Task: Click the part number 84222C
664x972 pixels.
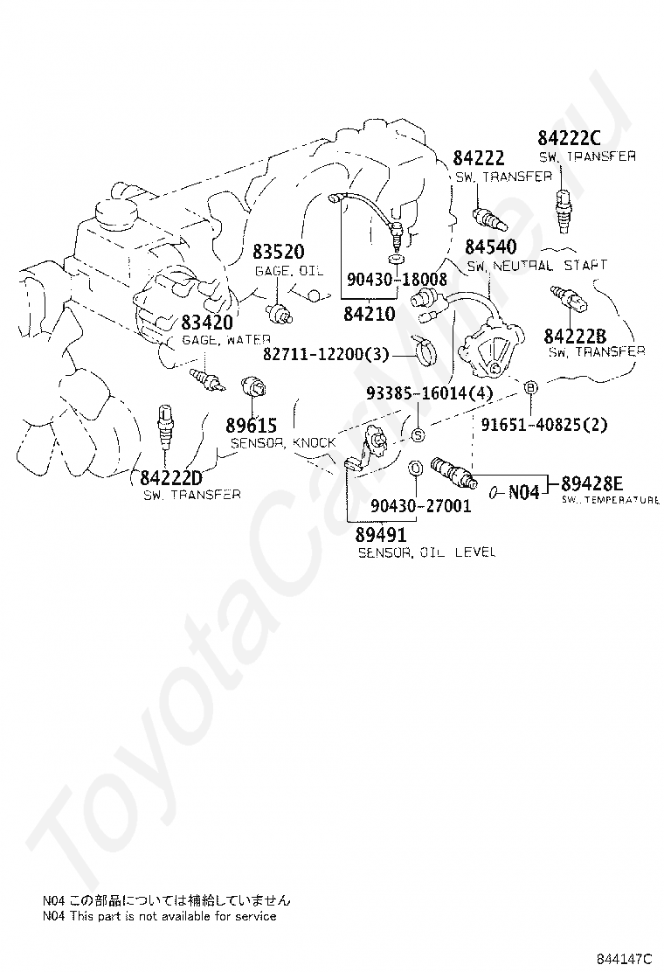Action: coord(570,137)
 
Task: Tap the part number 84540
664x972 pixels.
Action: coord(490,246)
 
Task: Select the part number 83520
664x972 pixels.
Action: coord(279,252)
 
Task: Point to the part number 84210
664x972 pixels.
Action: coord(370,314)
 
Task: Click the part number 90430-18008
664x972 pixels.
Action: coord(397,280)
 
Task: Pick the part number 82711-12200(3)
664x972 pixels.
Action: coord(326,354)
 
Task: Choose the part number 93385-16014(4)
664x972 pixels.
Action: coord(429,393)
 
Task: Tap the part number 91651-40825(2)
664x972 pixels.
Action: coord(544,425)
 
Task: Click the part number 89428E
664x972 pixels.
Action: coord(592,483)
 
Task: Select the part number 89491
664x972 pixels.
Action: coord(381,534)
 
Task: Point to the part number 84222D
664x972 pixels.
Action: coord(171,478)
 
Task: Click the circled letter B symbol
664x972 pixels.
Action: coord(530,387)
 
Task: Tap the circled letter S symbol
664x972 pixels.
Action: coord(418,435)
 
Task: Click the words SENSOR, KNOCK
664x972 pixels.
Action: coord(283,442)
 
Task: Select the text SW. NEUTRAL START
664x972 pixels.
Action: coord(537,266)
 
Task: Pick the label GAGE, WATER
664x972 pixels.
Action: coord(226,340)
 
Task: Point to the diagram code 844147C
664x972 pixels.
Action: coord(625,958)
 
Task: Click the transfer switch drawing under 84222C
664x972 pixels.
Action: coord(563,211)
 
